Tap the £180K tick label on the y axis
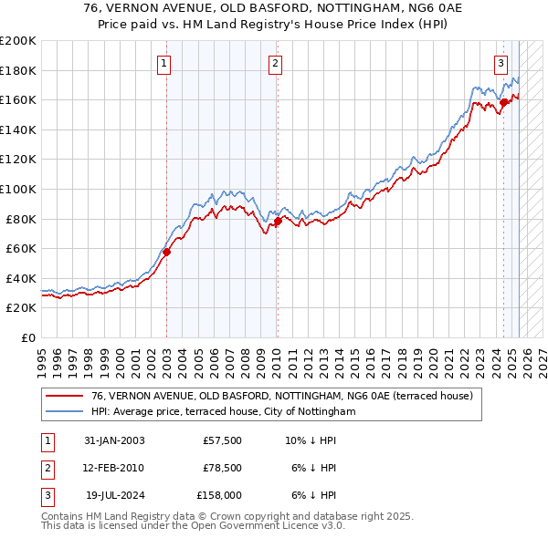18,70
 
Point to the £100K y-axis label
18,189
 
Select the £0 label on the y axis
28,337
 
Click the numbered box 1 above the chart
163,63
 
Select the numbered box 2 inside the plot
275,63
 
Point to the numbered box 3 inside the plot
501,63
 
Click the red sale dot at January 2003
167,253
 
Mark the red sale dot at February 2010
278,221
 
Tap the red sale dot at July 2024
503,102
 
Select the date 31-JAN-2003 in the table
114,440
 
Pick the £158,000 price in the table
219,495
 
